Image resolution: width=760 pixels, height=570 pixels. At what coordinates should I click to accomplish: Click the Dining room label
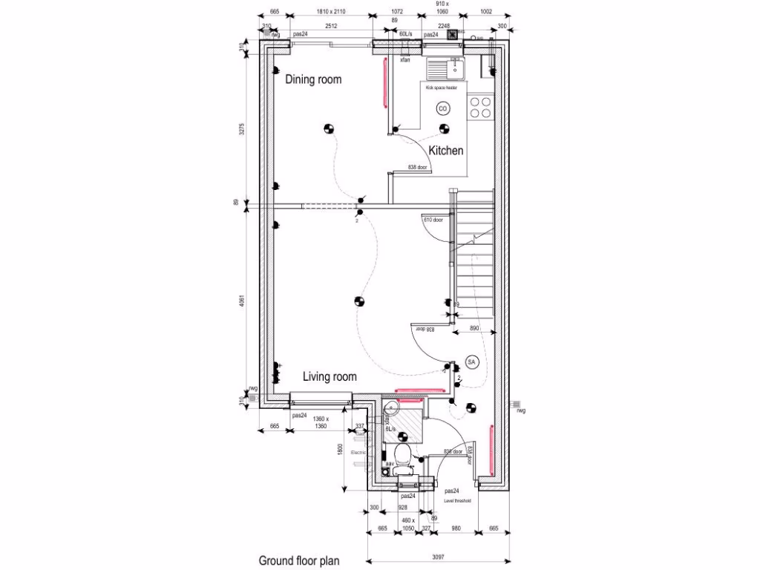click(313, 79)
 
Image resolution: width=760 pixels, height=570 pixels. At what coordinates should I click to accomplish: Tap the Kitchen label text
click(445, 151)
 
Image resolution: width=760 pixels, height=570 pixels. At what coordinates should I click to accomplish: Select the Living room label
click(330, 377)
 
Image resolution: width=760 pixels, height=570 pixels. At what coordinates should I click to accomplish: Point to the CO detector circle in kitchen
click(443, 108)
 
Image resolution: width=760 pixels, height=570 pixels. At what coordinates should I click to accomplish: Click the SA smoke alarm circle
click(471, 361)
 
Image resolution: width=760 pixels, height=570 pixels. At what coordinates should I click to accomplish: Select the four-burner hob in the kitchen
click(480, 108)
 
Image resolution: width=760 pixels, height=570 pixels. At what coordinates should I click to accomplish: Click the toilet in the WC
click(403, 458)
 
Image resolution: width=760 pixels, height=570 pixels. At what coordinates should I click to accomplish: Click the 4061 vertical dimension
click(241, 305)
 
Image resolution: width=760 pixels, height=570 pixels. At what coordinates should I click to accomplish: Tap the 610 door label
click(434, 220)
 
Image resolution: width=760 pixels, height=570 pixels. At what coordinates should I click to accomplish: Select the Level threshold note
click(458, 501)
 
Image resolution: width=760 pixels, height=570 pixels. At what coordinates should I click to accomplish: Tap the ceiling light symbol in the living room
click(358, 301)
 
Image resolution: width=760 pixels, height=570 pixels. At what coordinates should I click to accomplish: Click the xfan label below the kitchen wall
click(405, 59)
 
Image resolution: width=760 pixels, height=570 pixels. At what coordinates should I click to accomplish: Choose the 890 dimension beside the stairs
click(476, 327)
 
